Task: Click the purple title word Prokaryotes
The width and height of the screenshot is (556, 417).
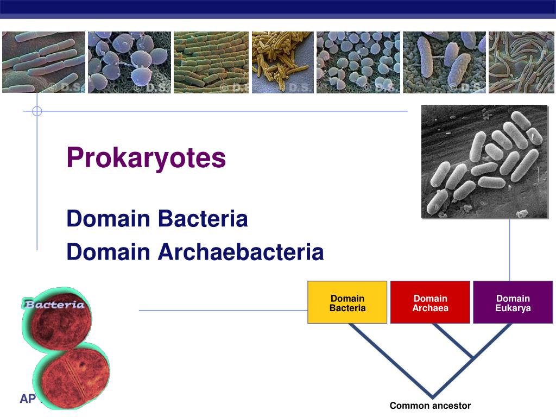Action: coord(146,158)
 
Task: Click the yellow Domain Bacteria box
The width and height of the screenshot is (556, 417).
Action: coord(347,302)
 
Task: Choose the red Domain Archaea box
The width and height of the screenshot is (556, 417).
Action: coord(430,302)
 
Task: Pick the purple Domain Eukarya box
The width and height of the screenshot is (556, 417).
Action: coord(513,302)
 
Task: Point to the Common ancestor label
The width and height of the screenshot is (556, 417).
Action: coord(430,406)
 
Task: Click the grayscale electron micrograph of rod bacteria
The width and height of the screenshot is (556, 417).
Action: coord(484,161)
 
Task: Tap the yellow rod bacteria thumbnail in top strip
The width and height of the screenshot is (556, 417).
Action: coord(282,62)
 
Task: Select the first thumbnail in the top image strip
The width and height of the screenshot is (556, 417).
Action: coord(43,62)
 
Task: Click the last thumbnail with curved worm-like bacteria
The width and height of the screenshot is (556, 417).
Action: coord(521,62)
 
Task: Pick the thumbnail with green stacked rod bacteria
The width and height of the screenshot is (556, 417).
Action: coord(211,62)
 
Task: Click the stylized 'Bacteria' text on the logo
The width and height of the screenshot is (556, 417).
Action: coord(54,304)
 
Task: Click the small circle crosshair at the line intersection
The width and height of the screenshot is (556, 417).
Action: coord(37,111)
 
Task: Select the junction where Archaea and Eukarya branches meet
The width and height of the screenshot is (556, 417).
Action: coord(472,357)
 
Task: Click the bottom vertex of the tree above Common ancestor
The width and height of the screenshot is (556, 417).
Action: coord(432,396)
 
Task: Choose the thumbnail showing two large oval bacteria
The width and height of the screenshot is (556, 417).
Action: coord(444,62)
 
